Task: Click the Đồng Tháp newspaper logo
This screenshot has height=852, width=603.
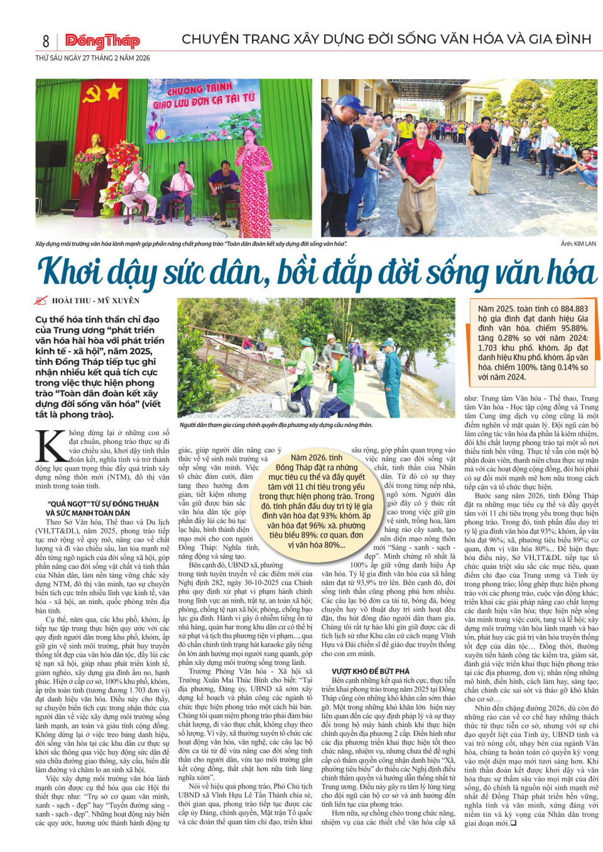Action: click(102, 41)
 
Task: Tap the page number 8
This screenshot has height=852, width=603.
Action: click(46, 41)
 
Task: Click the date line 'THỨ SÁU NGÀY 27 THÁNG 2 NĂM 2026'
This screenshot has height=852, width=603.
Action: click(92, 58)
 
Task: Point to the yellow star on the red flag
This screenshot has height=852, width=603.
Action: click(114, 92)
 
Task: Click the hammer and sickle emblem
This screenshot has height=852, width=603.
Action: click(92, 94)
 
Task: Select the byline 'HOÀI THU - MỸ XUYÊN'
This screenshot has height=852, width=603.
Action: click(95, 301)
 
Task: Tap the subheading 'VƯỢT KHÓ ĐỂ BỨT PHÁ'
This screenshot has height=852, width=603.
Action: click(370, 671)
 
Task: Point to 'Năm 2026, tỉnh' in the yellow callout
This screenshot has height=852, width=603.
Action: click(317, 458)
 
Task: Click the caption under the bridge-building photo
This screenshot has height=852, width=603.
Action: click(276, 425)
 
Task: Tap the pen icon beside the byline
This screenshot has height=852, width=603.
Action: click(41, 301)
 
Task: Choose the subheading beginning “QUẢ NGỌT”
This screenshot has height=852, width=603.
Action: click(102, 504)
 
